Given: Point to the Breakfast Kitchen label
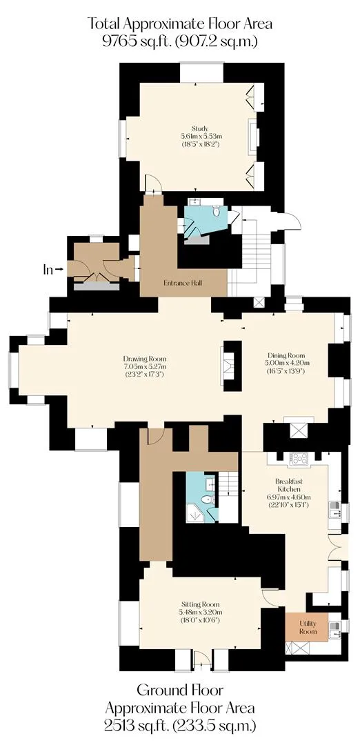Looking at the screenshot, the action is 288,485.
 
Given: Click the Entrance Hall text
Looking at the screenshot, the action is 183,284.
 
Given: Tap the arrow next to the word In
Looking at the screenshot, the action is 59,270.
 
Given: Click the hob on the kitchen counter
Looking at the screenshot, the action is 299,458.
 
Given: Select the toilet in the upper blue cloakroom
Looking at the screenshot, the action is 216,210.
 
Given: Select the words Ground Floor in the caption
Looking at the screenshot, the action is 180,689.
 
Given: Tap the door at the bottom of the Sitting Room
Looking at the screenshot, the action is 202,659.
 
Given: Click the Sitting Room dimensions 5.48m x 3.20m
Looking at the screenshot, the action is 201,613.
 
